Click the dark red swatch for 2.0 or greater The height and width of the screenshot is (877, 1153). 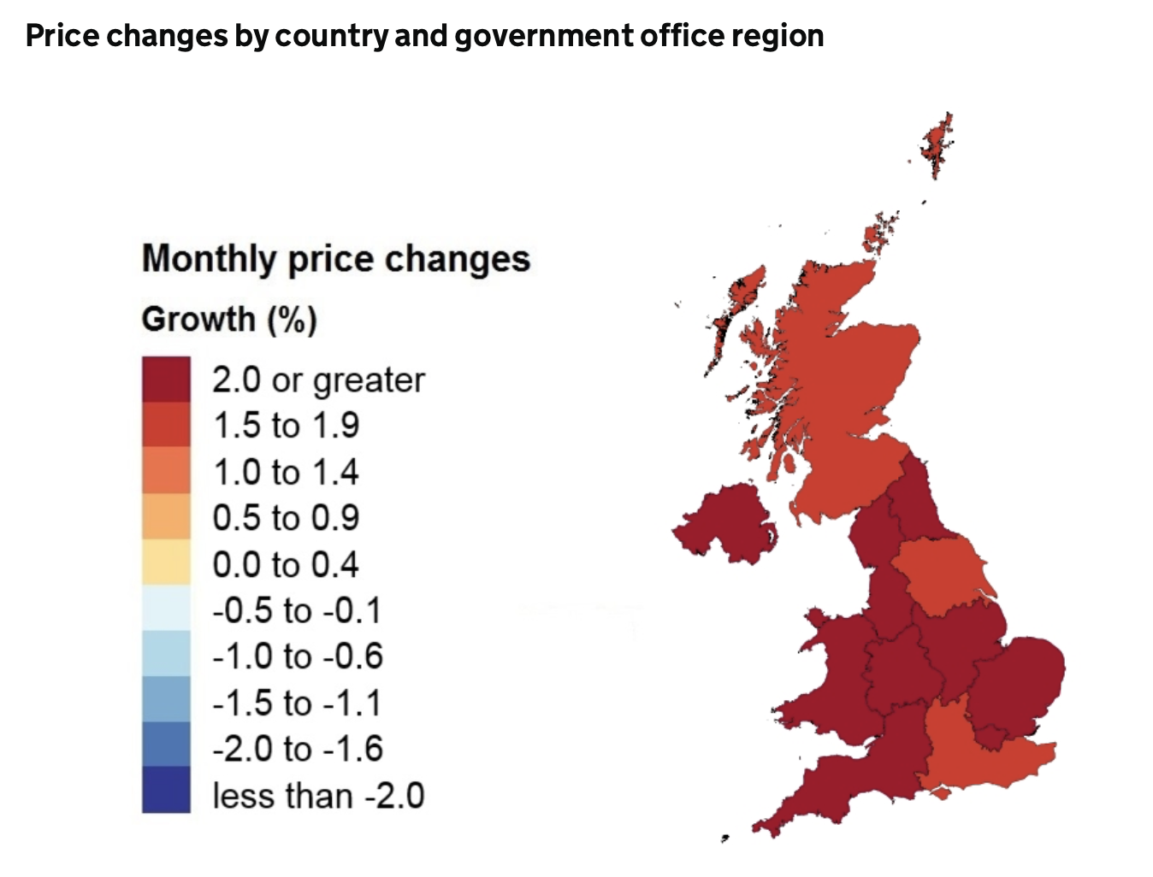166,379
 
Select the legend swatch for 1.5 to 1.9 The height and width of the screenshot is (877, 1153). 166,425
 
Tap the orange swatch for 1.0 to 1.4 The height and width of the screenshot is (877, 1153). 166,471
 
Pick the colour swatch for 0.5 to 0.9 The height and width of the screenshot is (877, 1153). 166,517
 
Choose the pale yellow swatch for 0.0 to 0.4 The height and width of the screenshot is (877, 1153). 166,563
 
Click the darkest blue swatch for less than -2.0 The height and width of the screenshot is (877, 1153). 166,790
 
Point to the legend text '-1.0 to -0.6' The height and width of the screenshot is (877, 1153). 298,656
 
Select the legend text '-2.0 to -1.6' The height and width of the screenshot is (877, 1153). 298,749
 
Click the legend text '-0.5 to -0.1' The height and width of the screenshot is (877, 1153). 297,610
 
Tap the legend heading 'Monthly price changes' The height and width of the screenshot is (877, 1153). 336,258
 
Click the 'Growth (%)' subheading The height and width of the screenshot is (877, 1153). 229,319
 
